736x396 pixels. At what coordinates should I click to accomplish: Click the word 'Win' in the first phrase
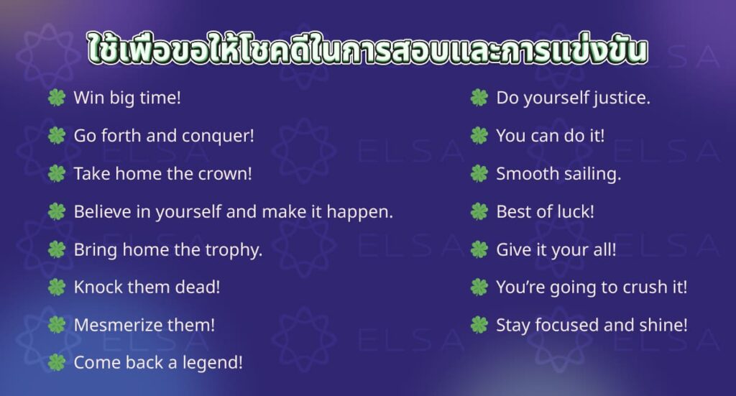(87, 98)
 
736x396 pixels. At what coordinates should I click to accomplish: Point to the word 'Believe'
(98, 211)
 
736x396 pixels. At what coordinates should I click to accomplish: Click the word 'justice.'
(622, 98)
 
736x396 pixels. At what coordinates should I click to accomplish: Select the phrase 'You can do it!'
(550, 135)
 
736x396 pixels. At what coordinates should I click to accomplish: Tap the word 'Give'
(512, 249)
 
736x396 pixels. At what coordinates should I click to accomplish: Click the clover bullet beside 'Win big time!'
(56, 98)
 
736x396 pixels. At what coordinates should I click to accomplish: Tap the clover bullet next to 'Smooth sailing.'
(479, 173)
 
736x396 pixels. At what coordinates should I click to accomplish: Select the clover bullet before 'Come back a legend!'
(56, 363)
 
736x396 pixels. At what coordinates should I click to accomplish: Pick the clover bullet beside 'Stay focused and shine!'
(479, 325)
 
